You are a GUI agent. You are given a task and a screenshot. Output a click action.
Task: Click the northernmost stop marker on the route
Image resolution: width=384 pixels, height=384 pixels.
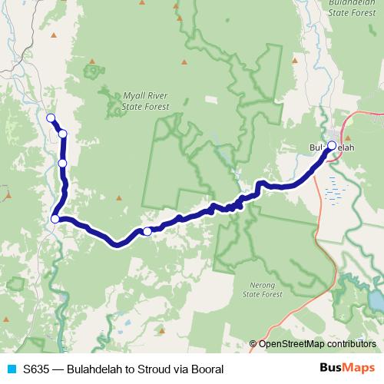tap(51, 118)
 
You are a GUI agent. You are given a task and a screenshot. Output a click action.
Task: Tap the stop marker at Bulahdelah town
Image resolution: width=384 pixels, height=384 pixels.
tap(332, 144)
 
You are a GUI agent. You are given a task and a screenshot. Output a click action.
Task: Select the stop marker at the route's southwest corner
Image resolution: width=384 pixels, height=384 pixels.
tap(55, 220)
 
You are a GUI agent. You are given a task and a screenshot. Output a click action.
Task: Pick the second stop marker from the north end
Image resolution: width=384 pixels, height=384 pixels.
tap(62, 134)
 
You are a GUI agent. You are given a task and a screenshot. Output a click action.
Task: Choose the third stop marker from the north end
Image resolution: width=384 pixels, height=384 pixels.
tap(62, 163)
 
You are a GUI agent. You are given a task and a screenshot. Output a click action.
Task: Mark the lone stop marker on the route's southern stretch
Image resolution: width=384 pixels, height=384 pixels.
tap(147, 230)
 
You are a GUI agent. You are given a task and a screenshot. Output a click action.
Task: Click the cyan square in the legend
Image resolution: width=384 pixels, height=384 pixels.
tap(10, 369)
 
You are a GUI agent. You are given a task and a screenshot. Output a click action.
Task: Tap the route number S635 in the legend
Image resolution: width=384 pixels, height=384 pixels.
tap(38, 369)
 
